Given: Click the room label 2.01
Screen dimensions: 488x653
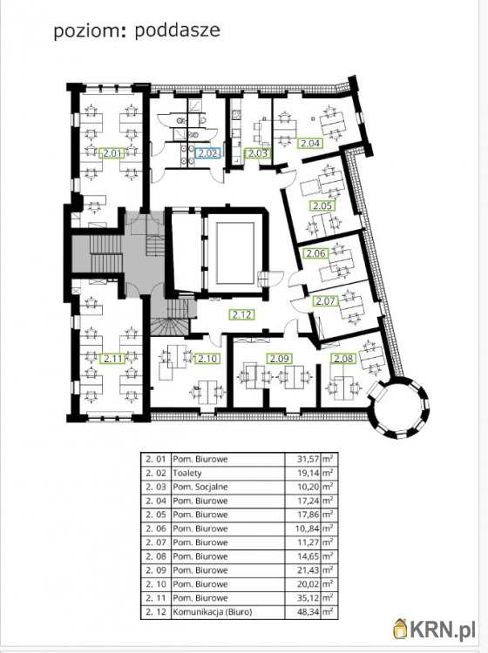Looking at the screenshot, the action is pos(112,153).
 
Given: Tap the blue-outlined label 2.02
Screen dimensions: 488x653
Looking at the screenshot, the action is pos(208,153).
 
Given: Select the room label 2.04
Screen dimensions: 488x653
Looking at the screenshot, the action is pos(309,144).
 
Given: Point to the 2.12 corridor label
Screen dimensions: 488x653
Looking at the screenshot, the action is pos(242,314).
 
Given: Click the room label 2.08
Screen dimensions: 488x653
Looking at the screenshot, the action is pos(343,358).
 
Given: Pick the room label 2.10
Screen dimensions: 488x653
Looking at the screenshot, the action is pos(207,358).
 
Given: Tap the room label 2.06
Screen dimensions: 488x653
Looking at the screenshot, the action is pos(316,253).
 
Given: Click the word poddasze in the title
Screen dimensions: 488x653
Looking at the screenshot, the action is pos(178,31).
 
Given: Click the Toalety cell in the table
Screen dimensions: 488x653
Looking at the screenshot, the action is pos(187,474).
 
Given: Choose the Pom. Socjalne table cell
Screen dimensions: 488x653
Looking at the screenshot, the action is pos(200,487).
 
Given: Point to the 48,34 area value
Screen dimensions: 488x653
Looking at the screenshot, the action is pos(308,612).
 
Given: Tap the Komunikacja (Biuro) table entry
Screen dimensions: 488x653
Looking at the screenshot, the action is pos(213,612).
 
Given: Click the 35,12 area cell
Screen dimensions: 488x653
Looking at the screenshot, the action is pos(308,598).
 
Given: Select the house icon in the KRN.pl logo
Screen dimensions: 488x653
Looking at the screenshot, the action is pos(401,629).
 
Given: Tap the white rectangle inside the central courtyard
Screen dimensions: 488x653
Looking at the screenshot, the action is pos(235,252).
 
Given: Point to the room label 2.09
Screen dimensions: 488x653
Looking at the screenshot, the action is pos(279,358).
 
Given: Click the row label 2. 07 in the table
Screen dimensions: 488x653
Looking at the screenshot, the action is pos(156,542).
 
